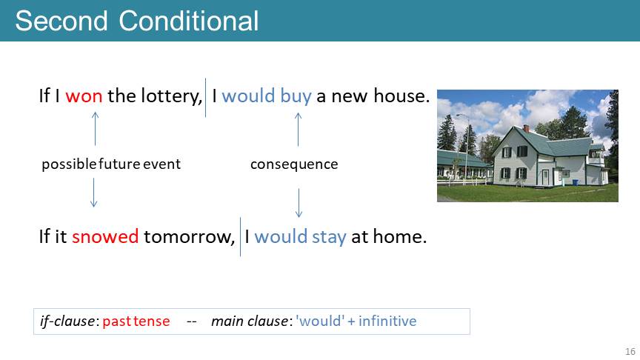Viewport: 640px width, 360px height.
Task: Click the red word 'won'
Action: tap(84, 96)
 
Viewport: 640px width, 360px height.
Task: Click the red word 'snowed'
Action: tap(105, 237)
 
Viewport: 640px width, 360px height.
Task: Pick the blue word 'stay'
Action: tap(329, 237)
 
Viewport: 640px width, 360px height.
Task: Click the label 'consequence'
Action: tap(294, 164)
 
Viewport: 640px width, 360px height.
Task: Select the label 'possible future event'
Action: tap(111, 164)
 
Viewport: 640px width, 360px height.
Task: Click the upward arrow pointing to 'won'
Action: tap(95, 129)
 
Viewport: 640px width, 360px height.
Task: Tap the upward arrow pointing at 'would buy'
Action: tap(298, 129)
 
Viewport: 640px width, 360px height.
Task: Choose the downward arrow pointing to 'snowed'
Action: tap(93, 193)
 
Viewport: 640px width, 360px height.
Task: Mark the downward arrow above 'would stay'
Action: tap(299, 202)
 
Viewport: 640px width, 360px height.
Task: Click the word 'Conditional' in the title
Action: tap(189, 21)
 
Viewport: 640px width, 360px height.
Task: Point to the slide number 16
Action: tap(630, 351)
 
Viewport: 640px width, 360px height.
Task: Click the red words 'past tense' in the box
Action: tap(136, 321)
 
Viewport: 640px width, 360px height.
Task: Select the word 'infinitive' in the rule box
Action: tap(387, 321)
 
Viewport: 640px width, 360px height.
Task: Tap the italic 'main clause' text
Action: tap(250, 321)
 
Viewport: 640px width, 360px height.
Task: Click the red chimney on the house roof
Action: tap(526, 128)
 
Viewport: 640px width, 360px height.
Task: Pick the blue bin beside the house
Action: tap(575, 182)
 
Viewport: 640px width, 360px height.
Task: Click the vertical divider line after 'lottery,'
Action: tap(205, 98)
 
